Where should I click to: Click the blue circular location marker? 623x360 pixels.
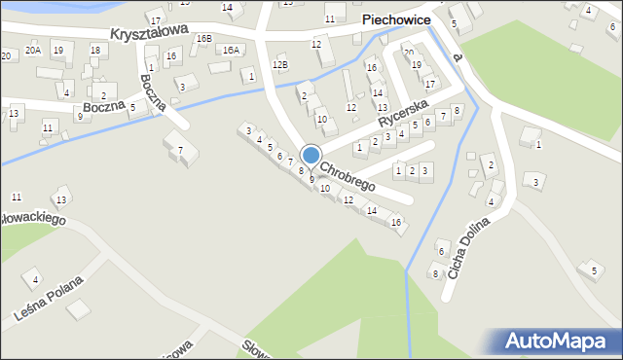pos(311,155)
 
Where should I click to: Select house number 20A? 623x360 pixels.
pos(33,50)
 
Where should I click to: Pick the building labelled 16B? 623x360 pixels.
pos(202,39)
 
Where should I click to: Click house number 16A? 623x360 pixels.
pos(231,50)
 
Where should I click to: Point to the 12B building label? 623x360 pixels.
pos(280,65)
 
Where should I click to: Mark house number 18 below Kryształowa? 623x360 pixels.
pos(94,50)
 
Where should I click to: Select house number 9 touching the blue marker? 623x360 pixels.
pos(311,179)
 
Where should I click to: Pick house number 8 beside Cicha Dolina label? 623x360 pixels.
pos(435,273)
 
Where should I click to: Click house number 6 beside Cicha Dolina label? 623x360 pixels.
pos(440,252)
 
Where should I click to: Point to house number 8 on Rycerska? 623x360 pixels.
pos(456,110)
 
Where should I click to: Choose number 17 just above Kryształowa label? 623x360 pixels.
pos(156,19)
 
